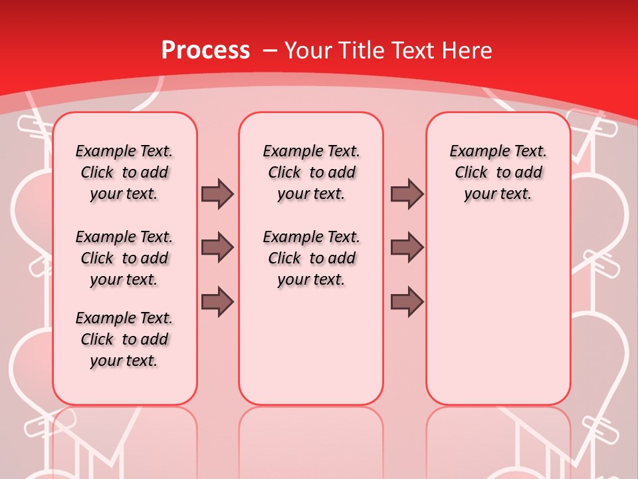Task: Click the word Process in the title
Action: click(205, 50)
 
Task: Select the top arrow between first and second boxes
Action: click(217, 194)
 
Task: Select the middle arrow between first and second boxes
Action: click(217, 247)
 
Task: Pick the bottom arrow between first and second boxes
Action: click(217, 301)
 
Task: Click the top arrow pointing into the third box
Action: click(407, 194)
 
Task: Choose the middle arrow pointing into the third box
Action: click(407, 247)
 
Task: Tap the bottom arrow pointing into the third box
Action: click(407, 301)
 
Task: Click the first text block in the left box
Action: click(124, 172)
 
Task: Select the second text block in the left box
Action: click(124, 258)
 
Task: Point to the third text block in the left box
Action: click(124, 339)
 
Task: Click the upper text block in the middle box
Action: click(311, 172)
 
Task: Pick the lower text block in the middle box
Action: click(311, 258)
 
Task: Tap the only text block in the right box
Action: click(498, 172)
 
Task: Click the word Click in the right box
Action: click(471, 172)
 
